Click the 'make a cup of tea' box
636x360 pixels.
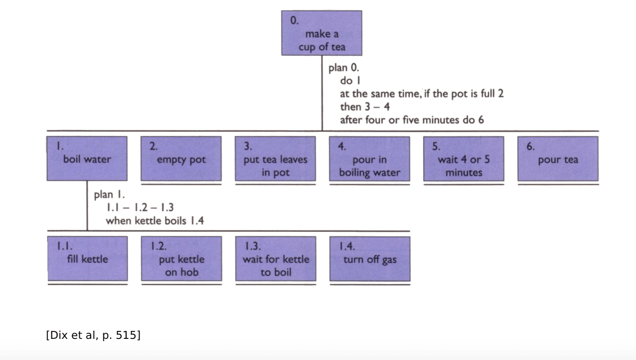321,33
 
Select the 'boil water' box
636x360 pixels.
87,158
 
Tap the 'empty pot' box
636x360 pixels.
181,158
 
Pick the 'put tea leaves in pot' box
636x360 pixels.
275,158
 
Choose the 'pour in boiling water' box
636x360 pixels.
369,158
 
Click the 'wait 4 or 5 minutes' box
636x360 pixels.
464,158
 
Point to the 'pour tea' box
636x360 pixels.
558,158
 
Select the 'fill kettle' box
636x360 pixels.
88,258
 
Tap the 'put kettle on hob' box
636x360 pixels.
181,258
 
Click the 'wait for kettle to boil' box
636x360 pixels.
276,258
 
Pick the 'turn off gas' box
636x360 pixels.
370,258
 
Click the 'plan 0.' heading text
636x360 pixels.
344,68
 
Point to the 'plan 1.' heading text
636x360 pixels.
109,194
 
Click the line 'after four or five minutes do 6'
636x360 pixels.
412,120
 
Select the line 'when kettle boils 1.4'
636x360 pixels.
155,221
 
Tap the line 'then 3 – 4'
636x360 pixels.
365,107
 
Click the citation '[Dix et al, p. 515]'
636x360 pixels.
93,335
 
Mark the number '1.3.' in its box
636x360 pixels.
253,246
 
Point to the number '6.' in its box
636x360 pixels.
530,146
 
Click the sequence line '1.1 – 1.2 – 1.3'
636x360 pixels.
140,208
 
